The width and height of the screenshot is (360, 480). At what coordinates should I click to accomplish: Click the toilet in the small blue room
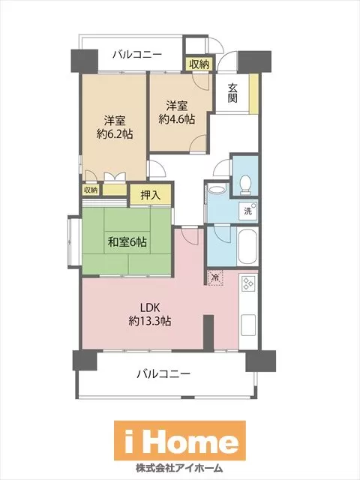point(245,184)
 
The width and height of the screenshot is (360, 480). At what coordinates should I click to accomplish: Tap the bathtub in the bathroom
point(247,246)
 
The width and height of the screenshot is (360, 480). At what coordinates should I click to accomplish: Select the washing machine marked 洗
point(248,210)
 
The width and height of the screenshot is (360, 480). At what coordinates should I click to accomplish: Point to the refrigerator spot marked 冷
point(215,277)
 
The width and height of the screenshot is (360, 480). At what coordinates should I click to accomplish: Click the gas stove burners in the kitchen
point(247,283)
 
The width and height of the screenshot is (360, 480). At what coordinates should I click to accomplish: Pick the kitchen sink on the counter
point(248,325)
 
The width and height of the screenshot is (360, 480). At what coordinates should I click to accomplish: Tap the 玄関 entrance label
point(232,93)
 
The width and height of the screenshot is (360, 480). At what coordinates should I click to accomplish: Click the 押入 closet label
point(151,195)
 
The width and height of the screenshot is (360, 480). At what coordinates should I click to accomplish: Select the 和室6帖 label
point(127,242)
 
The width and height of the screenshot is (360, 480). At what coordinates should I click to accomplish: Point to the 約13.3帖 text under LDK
point(150,321)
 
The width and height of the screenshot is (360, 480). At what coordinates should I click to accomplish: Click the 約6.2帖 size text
point(115,134)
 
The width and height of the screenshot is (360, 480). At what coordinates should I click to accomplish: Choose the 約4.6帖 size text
point(177,119)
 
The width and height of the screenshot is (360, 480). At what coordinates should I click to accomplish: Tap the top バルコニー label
point(136,55)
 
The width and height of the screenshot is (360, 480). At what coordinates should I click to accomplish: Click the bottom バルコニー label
point(163,373)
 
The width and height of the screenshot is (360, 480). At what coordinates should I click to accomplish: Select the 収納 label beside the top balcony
point(199,64)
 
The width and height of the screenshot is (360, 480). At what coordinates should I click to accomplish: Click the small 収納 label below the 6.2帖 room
point(91,190)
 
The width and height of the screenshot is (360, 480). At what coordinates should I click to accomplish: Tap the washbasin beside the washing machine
point(217,189)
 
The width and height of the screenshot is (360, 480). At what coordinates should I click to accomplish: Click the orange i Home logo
point(180,440)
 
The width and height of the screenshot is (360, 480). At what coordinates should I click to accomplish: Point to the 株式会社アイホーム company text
point(179,468)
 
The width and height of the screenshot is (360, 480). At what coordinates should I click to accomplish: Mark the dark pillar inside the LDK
point(208,333)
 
